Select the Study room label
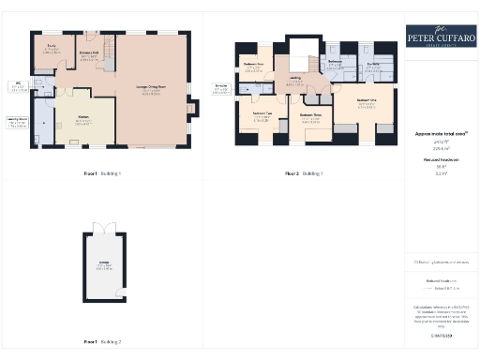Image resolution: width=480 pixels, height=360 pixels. click(52, 49)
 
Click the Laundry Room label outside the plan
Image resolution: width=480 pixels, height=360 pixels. click(18, 121)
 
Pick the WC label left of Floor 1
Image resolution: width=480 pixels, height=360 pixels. click(18, 87)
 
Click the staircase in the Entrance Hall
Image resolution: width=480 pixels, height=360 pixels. click(106, 45)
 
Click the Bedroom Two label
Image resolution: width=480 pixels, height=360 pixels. click(262, 115)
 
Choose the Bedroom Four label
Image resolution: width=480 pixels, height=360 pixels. click(253, 65)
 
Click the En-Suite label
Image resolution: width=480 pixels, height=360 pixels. click(372, 64)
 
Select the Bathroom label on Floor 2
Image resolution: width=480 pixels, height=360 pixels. click(335, 64)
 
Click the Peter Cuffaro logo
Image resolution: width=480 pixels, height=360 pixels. click(439, 36)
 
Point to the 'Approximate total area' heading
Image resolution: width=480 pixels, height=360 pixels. click(439, 134)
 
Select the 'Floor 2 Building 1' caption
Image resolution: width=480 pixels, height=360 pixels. click(305, 174)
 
